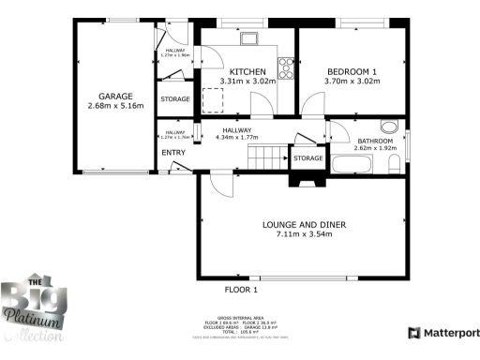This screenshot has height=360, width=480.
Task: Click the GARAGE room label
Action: pos(116,97)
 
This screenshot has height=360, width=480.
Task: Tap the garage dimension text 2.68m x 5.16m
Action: pos(116,107)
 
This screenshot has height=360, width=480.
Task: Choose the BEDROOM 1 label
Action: pos(352,72)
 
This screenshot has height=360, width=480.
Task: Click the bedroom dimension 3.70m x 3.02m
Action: pos(352,82)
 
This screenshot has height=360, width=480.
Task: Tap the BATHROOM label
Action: pos(375,140)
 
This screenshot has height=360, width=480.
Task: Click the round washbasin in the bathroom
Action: pos(388,128)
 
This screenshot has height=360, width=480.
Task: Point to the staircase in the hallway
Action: pos(270,157)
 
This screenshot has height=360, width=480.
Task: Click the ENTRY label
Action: pos(173,153)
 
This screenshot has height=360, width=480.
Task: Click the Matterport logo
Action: pos(443,333)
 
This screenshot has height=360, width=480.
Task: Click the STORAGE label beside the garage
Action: pos(174,98)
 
